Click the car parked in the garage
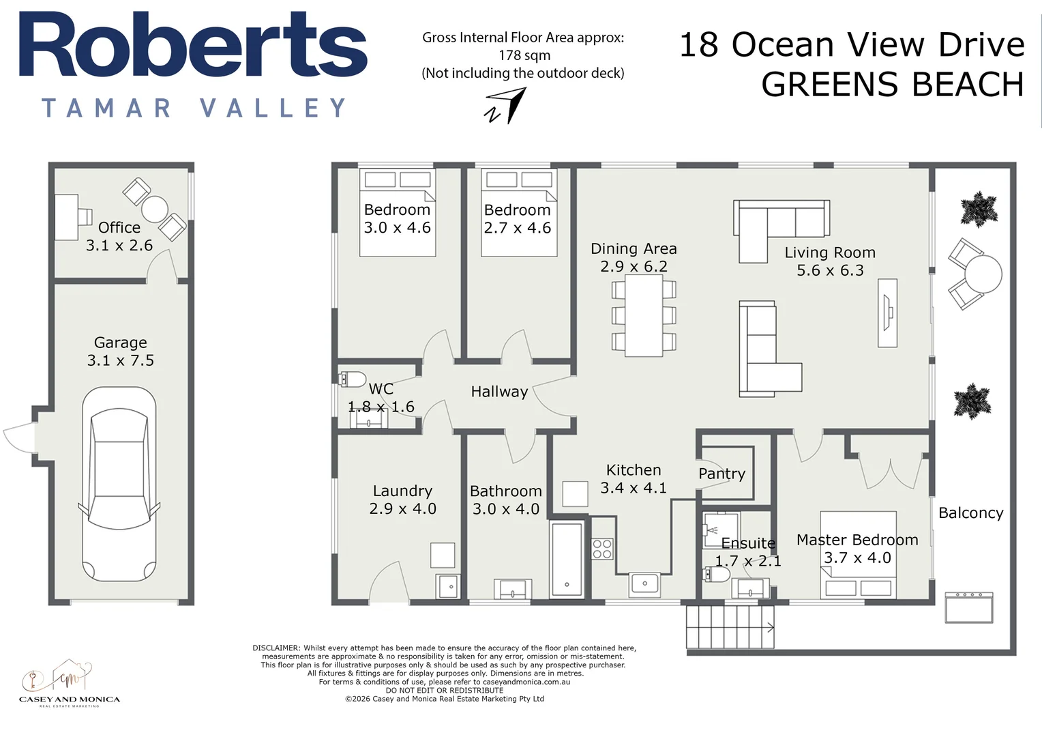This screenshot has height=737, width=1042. [x=119, y=485]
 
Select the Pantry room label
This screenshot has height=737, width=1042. [x=721, y=474]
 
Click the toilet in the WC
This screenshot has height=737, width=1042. [x=352, y=379]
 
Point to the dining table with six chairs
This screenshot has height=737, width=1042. [x=644, y=315]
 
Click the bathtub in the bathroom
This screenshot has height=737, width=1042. [x=567, y=559]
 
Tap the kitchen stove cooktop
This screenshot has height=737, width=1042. [x=602, y=549]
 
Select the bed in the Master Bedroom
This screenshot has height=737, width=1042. [x=858, y=554]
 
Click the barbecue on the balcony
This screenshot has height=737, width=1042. [x=968, y=607]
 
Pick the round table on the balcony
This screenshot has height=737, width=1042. [x=983, y=274]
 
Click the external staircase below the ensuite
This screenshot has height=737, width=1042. [x=730, y=627]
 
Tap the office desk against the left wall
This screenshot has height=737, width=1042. [x=67, y=217]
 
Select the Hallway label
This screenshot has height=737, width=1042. [x=499, y=392]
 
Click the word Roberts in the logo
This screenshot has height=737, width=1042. [x=193, y=46]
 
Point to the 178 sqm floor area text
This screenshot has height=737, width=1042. [x=524, y=55]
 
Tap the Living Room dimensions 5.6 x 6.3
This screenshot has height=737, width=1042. [x=830, y=270]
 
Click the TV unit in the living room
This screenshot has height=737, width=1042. [x=887, y=313]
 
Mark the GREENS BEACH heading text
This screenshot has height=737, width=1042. [x=892, y=85]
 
